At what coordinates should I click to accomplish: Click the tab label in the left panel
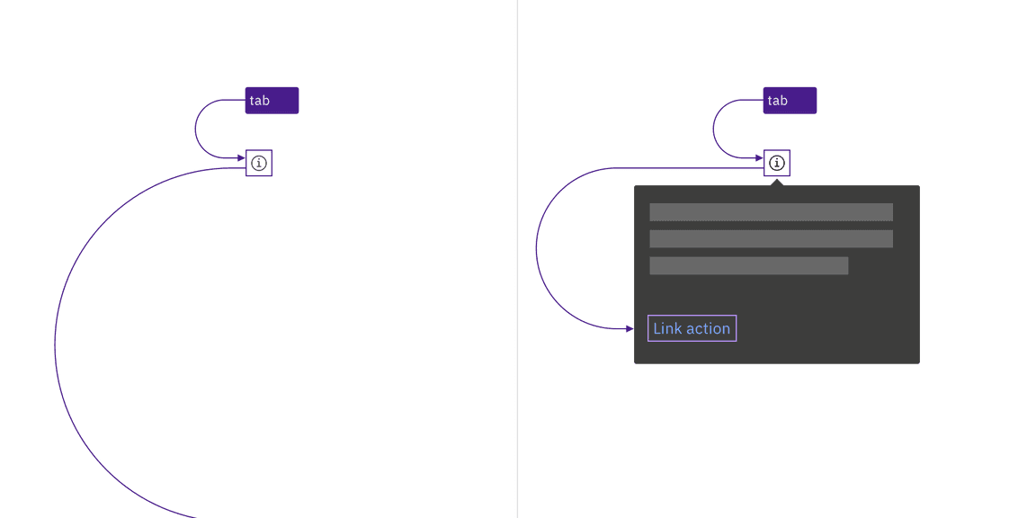pos(272,101)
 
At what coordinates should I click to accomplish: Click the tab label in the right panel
pos(790,101)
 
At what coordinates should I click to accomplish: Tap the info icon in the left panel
pos(259,163)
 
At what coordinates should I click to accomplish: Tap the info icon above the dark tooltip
pos(777,163)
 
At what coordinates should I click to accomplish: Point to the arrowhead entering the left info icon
pos(241,158)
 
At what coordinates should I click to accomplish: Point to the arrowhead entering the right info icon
pos(759,158)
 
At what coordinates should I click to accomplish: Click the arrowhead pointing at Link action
pos(630,328)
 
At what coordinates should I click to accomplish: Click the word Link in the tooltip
pos(665,328)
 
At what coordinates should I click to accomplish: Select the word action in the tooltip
pos(706,328)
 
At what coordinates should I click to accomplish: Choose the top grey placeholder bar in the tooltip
pos(771,212)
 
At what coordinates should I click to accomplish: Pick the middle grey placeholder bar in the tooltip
pos(771,238)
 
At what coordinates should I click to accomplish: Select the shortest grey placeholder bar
pos(748,265)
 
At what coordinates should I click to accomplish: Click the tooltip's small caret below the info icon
pos(777,183)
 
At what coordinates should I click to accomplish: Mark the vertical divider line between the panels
pos(517,259)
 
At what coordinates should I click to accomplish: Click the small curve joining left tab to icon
pos(195,129)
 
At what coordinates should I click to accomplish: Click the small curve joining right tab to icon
pos(713,129)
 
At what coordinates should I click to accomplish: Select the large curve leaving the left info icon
pos(56,344)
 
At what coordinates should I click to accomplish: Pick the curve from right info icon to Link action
pos(537,248)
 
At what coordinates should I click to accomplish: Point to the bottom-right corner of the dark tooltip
pos(919,362)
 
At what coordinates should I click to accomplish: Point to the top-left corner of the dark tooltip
pos(635,186)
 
